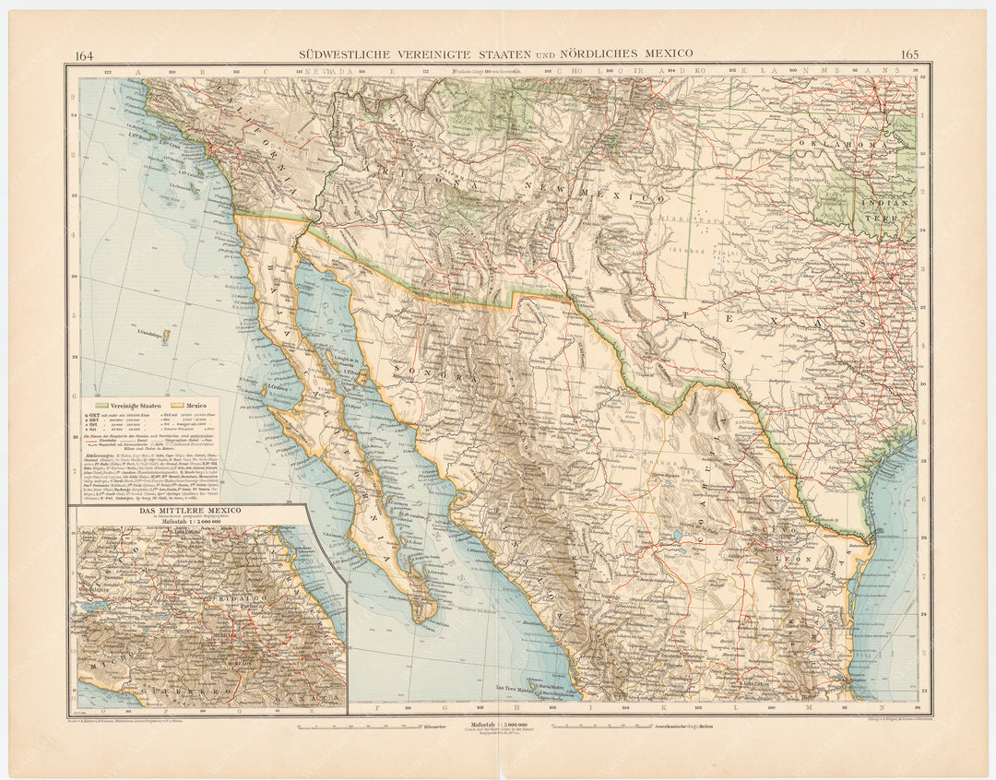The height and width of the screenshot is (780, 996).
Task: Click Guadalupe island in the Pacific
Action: (x=166, y=338)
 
